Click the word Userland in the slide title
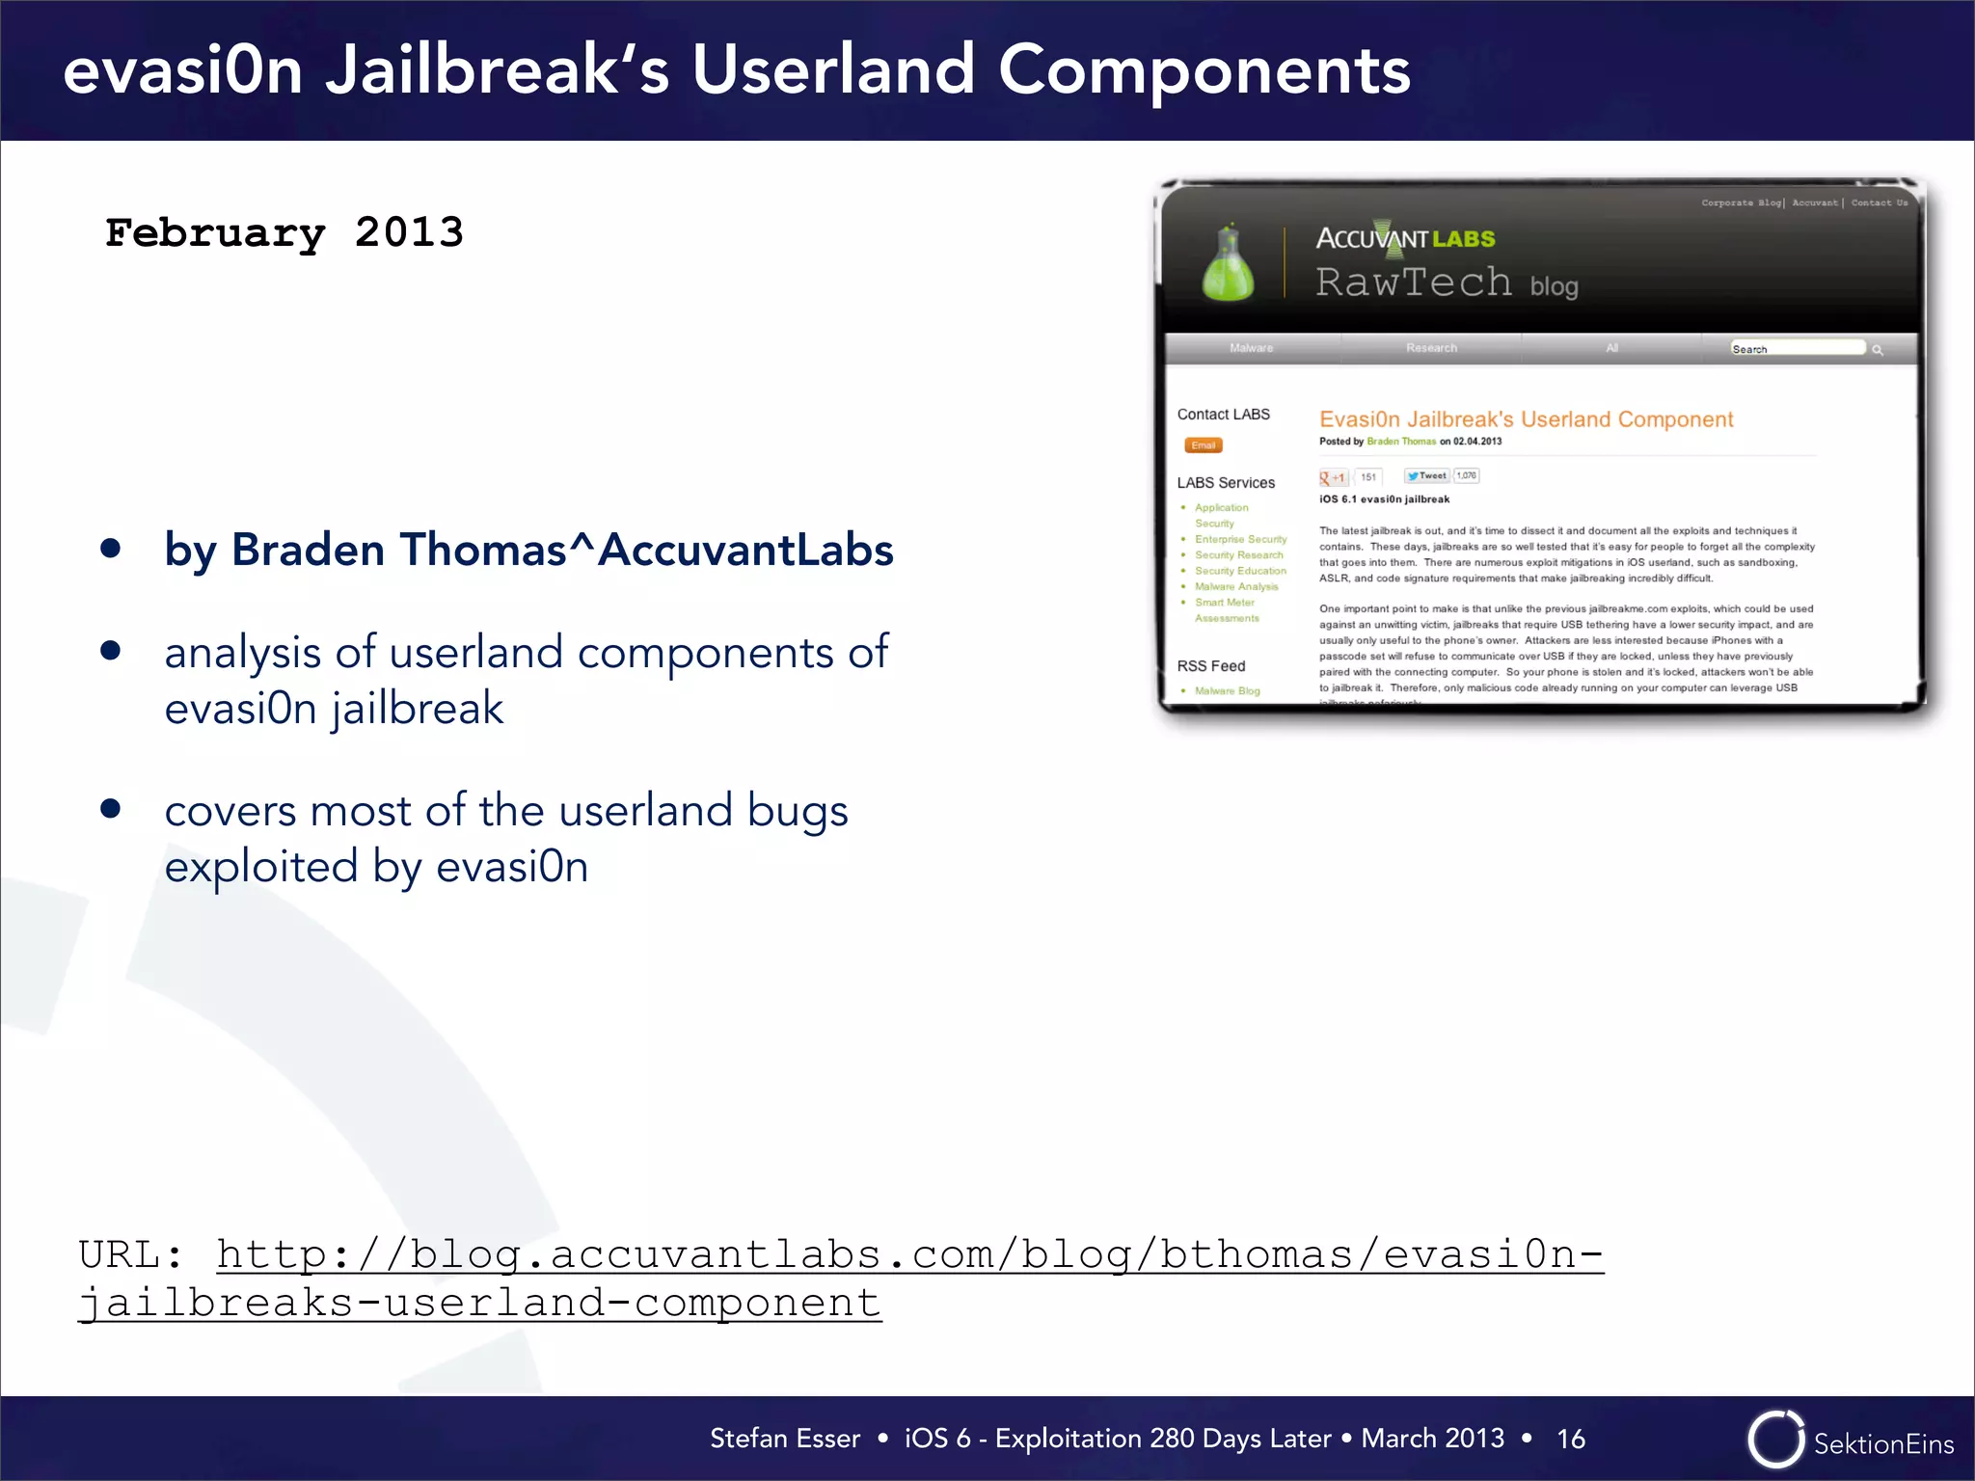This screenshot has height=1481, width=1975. click(x=833, y=70)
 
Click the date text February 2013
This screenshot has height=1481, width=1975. click(x=284, y=232)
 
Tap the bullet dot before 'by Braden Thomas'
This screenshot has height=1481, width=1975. click(x=111, y=549)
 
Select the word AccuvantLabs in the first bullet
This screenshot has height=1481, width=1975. click(x=745, y=550)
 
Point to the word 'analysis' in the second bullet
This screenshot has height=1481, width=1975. click(x=242, y=653)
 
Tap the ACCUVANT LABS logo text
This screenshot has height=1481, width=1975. click(x=1405, y=238)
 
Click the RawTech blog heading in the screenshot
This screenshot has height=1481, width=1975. click(x=1447, y=283)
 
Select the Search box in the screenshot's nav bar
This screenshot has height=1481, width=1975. click(x=1796, y=348)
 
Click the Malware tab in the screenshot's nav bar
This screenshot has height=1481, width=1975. click(x=1251, y=348)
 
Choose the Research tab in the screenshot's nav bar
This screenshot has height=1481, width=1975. click(x=1431, y=348)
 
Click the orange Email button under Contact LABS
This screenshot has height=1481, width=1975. click(x=1203, y=445)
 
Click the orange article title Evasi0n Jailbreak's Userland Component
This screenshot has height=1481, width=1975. click(x=1526, y=419)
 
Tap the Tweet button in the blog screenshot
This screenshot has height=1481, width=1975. click(x=1427, y=475)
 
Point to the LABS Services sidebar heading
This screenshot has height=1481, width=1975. click(x=1226, y=482)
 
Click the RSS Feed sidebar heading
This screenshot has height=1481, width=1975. click(x=1211, y=666)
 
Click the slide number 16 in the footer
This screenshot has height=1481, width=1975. click(x=1570, y=1439)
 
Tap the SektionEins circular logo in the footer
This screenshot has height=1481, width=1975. click(x=1775, y=1440)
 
